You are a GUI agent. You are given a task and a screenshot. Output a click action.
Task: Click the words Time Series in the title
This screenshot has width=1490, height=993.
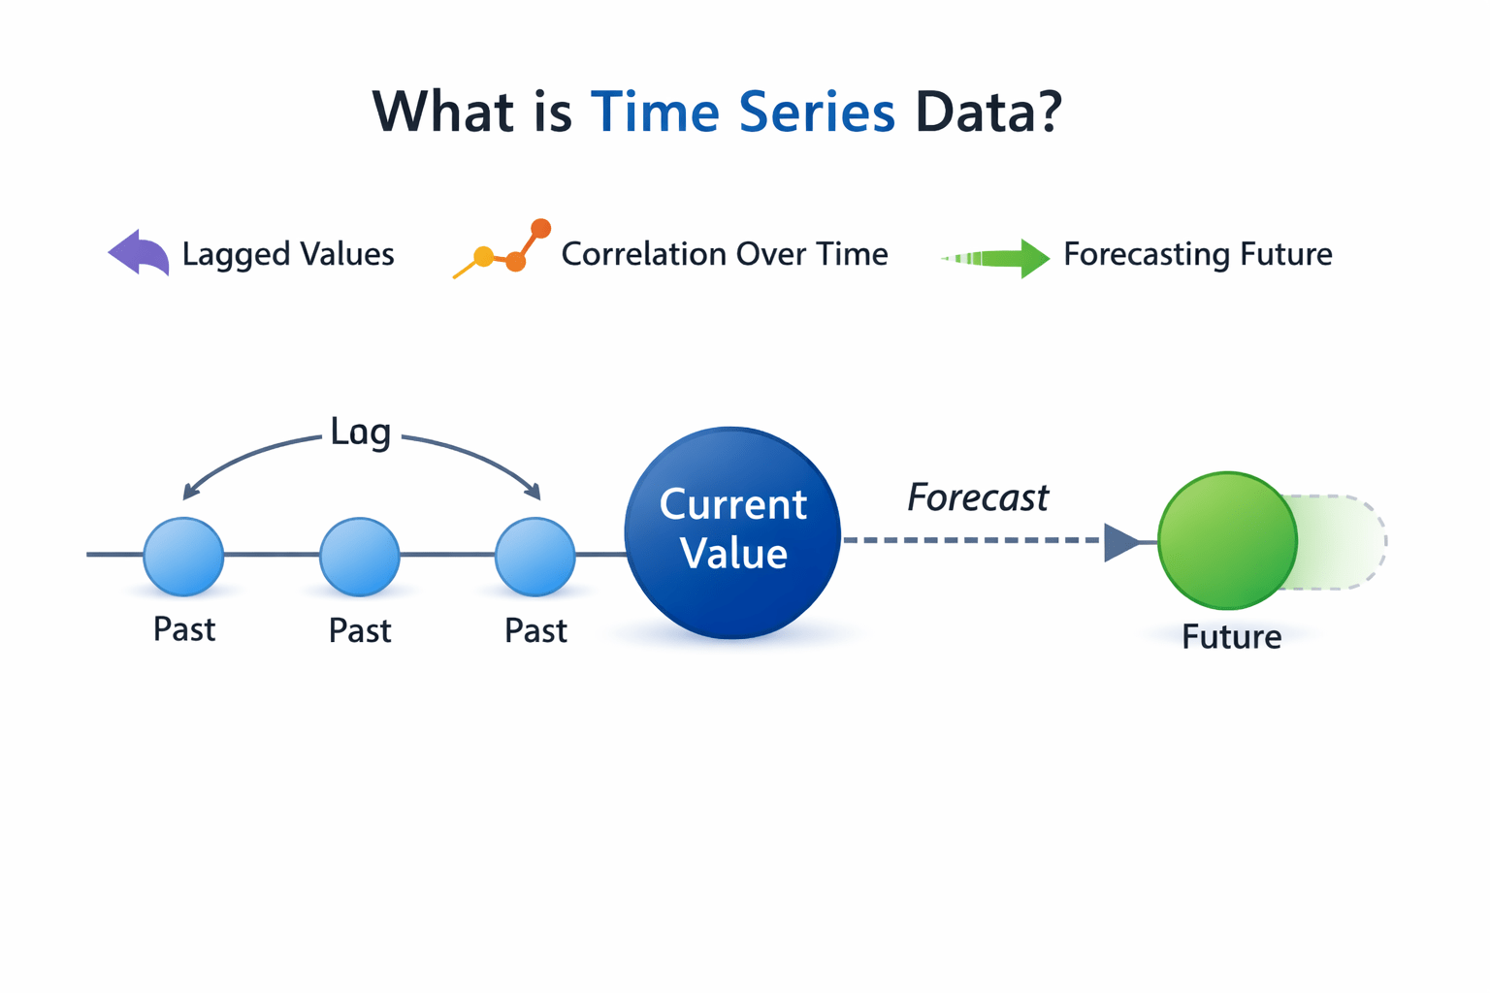tap(742, 112)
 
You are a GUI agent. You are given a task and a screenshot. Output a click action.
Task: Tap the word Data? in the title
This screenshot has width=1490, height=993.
tap(988, 112)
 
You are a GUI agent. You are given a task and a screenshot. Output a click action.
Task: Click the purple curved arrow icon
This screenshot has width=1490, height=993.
tap(140, 253)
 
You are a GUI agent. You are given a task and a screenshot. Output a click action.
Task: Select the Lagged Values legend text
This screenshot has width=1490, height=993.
tap(288, 254)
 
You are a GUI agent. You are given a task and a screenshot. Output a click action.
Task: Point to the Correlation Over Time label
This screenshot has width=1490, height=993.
tap(724, 254)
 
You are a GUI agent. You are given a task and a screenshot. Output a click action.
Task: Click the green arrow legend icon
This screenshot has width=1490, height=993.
tap(997, 258)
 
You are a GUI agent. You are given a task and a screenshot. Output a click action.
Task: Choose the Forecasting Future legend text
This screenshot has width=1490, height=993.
tap(1197, 254)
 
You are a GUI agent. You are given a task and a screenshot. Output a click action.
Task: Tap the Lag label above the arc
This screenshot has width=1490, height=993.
tap(360, 432)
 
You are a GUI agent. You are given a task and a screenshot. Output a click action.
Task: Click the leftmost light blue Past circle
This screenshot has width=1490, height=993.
tap(183, 556)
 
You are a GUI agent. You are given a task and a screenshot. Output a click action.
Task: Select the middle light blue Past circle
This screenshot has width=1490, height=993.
tap(359, 556)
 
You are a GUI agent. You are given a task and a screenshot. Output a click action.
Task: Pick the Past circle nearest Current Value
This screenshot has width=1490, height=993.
tap(534, 556)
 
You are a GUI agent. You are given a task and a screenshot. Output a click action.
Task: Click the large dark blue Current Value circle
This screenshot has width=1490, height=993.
tap(732, 532)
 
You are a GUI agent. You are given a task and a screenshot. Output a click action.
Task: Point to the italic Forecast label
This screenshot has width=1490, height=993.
tap(977, 497)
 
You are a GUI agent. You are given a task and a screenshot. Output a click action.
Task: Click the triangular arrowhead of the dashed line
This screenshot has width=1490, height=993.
tap(1120, 542)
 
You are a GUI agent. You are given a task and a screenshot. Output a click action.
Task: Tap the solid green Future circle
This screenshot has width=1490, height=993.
tap(1227, 540)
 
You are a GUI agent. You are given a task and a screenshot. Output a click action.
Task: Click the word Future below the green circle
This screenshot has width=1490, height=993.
tap(1231, 637)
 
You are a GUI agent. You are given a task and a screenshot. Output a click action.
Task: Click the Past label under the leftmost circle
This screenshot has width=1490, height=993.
tap(184, 629)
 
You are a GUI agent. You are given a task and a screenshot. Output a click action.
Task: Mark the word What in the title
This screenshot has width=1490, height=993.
tap(442, 112)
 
